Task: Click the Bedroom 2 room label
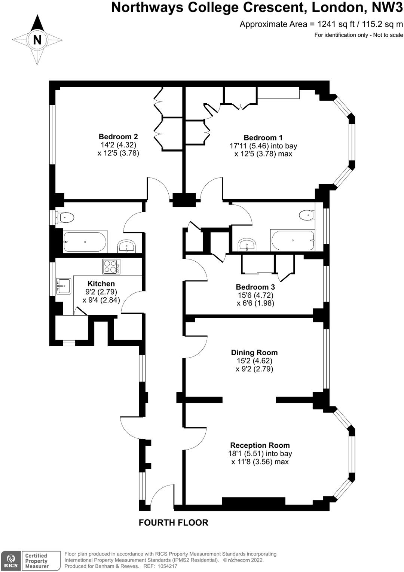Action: click(x=118, y=137)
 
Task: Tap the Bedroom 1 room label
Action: click(x=263, y=137)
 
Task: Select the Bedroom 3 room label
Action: click(x=255, y=287)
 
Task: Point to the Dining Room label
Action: click(x=254, y=353)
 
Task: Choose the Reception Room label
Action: click(x=260, y=445)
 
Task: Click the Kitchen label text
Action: click(x=101, y=284)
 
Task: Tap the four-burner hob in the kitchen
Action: click(x=111, y=267)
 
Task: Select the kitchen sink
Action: click(x=63, y=286)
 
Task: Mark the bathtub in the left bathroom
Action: click(x=85, y=242)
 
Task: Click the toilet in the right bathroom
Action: click(x=307, y=215)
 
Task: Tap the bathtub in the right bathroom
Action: click(x=293, y=240)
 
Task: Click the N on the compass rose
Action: click(x=37, y=40)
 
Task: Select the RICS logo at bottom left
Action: click(x=11, y=561)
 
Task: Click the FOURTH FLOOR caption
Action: click(x=173, y=523)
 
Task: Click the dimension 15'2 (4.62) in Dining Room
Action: click(x=254, y=361)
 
